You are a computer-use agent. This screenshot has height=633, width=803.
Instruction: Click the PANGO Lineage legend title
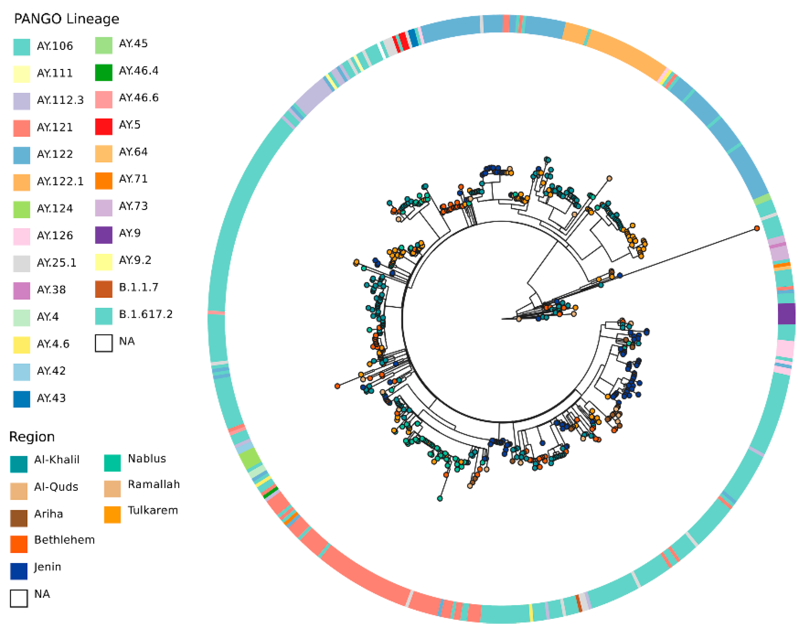click(66, 19)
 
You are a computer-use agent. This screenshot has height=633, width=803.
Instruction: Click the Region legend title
click(32, 437)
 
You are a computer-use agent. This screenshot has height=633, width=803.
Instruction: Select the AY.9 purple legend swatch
click(103, 235)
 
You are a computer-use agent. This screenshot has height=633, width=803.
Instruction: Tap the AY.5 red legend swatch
click(103, 127)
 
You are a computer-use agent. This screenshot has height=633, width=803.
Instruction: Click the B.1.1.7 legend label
click(139, 287)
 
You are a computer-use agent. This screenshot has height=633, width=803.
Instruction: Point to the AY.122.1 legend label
click(60, 181)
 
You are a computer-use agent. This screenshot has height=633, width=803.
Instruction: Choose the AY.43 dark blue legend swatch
click(21, 399)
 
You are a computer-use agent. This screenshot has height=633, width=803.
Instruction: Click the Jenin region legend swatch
click(19, 571)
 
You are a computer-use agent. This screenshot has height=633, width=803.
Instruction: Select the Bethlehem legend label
click(64, 540)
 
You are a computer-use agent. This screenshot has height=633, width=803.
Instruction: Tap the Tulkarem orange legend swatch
click(112, 515)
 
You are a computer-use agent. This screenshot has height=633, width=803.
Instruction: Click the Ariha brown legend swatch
click(19, 518)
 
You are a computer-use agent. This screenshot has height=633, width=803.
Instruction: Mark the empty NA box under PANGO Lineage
click(103, 343)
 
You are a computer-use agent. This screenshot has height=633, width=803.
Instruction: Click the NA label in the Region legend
click(42, 594)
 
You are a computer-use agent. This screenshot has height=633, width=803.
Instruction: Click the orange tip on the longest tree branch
click(757, 228)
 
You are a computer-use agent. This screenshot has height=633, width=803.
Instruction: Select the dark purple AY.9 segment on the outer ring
click(786, 313)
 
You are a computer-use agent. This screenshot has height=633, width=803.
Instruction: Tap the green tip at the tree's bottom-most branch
click(440, 499)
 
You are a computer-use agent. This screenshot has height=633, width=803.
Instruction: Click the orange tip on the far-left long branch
click(337, 386)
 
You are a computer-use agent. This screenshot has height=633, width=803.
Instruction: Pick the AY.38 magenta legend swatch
click(21, 290)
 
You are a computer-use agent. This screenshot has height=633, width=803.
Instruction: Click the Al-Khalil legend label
click(57, 460)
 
